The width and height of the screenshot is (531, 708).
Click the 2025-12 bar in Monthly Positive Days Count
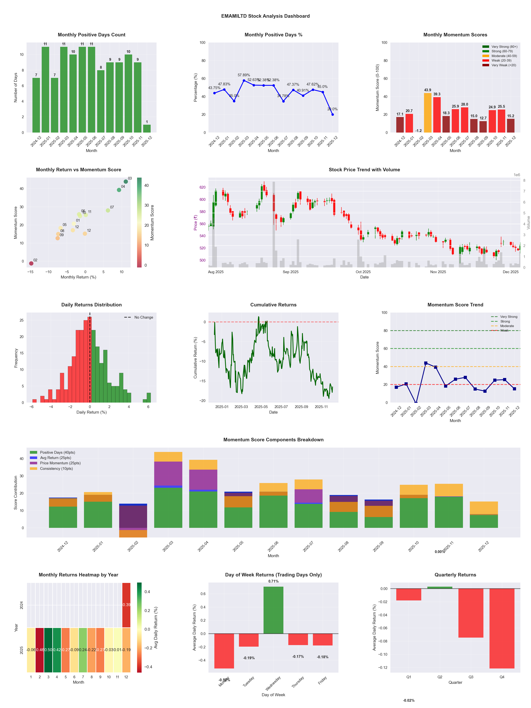147,129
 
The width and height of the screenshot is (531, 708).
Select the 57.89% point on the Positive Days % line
244,81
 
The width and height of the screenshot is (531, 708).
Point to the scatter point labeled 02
31,263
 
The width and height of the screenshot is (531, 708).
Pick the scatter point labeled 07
108,210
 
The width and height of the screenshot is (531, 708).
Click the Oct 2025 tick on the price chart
363,272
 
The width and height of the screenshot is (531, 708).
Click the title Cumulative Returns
273,305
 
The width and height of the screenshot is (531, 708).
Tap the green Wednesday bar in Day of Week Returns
273,610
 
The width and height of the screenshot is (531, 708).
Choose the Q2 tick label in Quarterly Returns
440,677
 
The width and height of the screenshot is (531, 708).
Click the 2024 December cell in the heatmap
126,605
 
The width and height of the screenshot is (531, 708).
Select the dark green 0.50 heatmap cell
48,650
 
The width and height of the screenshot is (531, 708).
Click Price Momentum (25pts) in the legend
60,463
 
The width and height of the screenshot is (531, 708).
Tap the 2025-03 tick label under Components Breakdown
168,546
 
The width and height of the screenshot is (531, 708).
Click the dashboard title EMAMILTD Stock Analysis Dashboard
265,16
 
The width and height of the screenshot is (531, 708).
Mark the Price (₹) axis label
195,222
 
